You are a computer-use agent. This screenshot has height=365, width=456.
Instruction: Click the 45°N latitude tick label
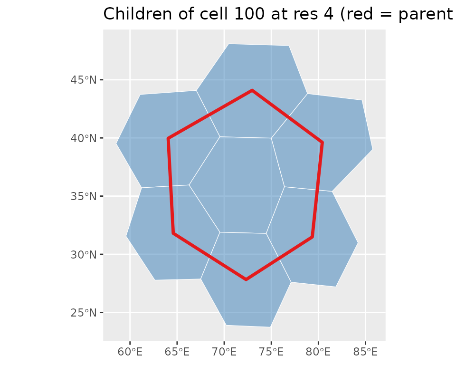pos(84,80)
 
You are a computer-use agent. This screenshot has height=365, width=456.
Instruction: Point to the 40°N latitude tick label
pos(84,138)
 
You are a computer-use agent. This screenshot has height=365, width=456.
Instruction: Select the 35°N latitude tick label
pos(84,196)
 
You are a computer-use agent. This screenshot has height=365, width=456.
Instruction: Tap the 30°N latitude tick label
pos(84,255)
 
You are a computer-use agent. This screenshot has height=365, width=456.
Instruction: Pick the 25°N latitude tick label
pos(84,313)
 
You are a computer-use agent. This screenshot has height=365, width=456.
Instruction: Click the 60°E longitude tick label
pos(130,352)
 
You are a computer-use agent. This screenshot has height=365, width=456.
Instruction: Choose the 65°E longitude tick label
pos(177,352)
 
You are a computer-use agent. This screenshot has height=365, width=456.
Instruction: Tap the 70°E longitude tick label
pos(224,352)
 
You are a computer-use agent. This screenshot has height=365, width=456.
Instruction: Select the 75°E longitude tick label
pos(271,352)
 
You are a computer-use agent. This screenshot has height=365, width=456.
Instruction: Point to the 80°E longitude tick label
pos(318,352)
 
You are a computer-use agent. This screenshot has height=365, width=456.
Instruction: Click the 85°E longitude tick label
pos(366,352)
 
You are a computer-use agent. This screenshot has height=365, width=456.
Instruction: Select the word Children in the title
pos(137,14)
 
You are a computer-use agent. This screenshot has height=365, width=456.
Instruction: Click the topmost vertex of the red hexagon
pos(252,90)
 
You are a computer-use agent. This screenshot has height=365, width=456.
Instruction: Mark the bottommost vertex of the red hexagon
pos(246,280)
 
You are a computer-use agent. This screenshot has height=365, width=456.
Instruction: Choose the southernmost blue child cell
pos(246,279)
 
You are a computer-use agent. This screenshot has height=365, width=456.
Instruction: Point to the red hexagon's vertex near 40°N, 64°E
pos(168,138)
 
